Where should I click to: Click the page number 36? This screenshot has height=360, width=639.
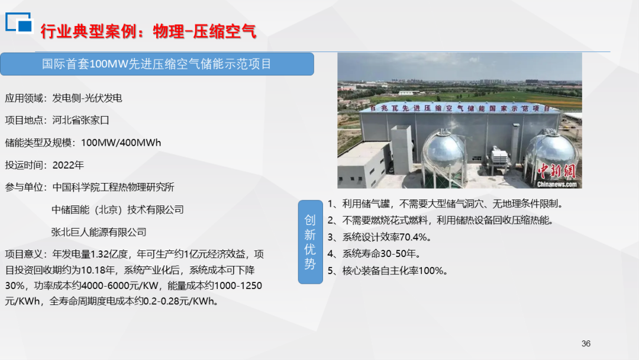(x=586, y=343)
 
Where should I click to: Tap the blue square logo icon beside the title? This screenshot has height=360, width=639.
(x=18, y=22)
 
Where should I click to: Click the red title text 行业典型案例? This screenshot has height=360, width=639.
(x=88, y=31)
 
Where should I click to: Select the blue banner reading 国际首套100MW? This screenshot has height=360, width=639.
(x=157, y=64)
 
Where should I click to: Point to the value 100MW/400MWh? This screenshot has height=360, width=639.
(x=121, y=143)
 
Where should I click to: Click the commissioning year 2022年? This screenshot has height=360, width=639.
(x=68, y=165)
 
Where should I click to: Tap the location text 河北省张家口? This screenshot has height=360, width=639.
(x=80, y=120)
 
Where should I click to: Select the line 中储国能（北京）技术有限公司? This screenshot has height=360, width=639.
(x=118, y=210)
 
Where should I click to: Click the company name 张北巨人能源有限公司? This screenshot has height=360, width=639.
(x=99, y=232)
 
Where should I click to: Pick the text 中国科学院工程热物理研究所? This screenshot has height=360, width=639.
(x=113, y=187)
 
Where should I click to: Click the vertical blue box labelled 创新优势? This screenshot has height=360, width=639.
(x=310, y=242)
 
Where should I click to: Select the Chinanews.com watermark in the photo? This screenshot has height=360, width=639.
(x=557, y=184)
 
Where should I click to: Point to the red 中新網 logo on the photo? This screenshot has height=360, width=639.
(x=557, y=171)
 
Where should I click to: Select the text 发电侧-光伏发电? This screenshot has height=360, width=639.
(x=87, y=98)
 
